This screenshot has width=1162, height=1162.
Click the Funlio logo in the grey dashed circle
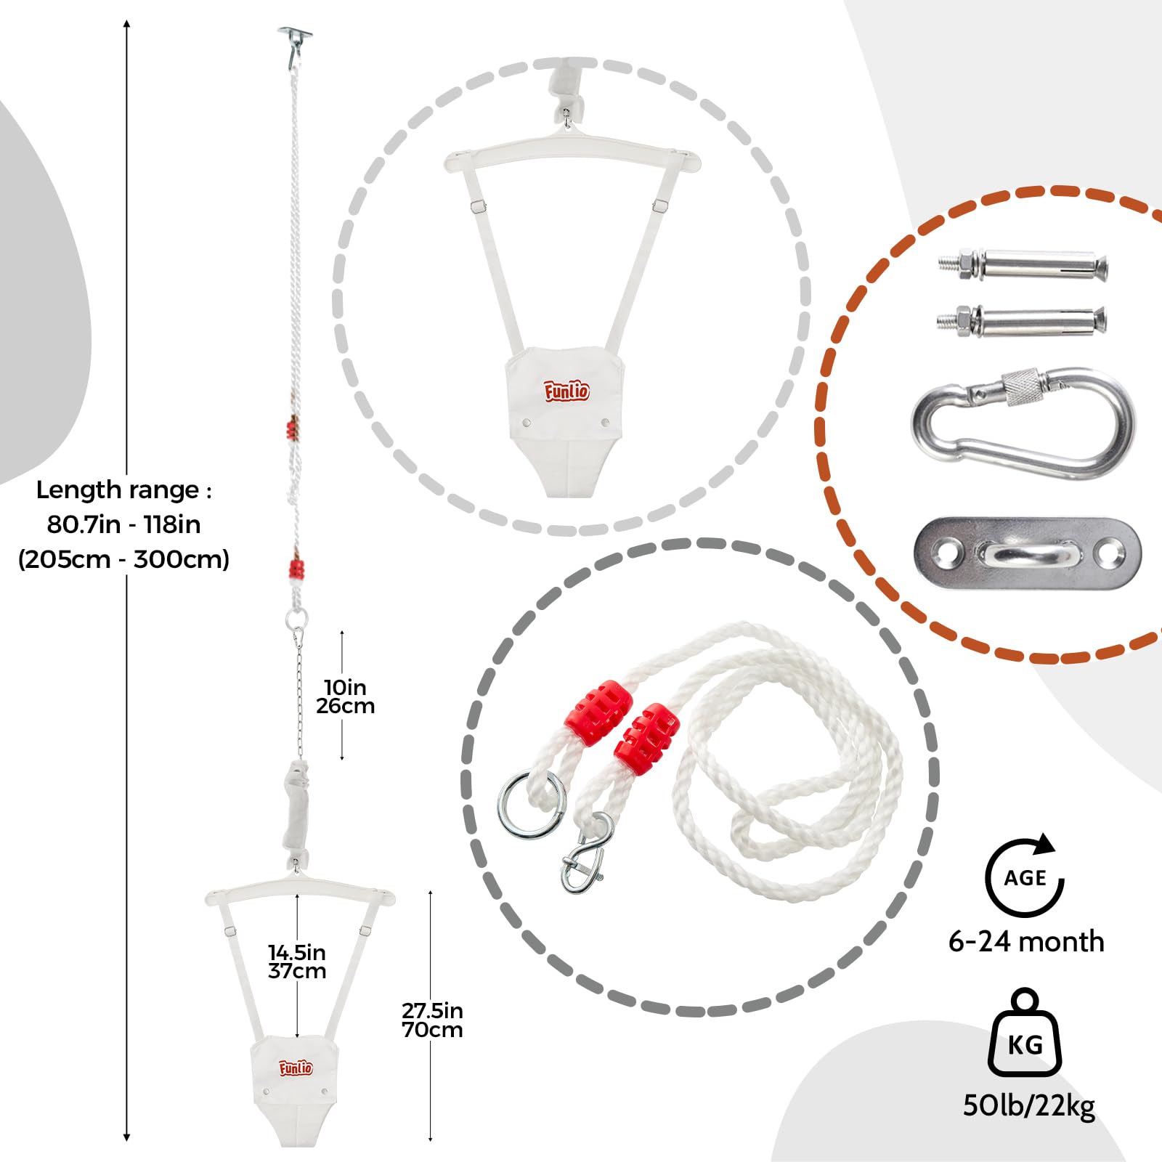567,391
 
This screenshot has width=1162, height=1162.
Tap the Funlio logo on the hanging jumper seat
296,1068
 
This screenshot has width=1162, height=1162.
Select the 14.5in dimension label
297,962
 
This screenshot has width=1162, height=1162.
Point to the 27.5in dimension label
432,1020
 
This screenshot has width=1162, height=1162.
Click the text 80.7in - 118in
123,524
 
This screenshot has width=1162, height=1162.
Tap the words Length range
118,490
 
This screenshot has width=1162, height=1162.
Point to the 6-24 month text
1026,942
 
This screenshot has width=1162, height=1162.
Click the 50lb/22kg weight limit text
1029,1105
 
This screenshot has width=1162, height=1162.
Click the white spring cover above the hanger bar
296,810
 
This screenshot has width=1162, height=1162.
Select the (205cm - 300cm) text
123,559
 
